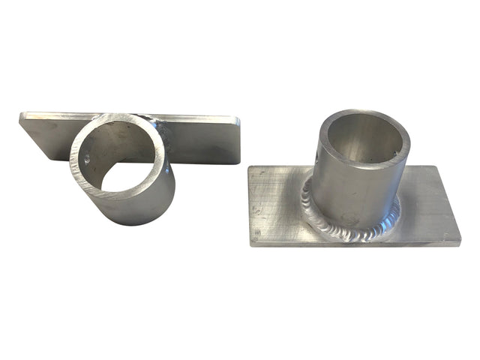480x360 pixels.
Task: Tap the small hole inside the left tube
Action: tap(88, 159)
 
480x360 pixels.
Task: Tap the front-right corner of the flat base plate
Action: tap(458, 241)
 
